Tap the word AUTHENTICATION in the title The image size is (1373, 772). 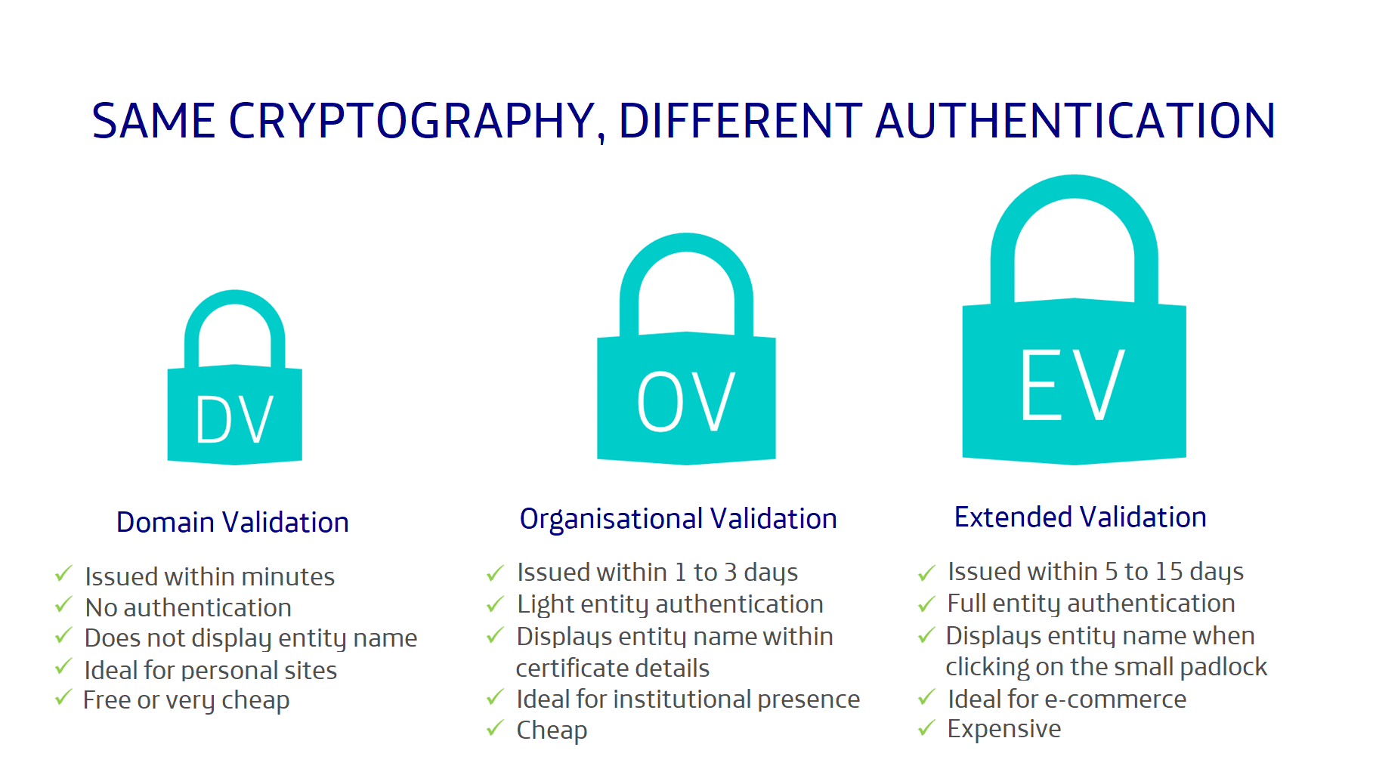coord(1075,121)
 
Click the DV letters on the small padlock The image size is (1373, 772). coord(234,419)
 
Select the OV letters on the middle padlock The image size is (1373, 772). coord(686,401)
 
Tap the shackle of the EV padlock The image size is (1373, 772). coord(1074,189)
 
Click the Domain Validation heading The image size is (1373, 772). coord(233,522)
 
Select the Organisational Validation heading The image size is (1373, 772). coord(678,519)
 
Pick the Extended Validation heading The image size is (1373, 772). coord(1080,517)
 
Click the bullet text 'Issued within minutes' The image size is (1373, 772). coord(209,576)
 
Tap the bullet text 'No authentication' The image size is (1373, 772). coord(188,607)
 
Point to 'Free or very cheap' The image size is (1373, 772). coord(186,700)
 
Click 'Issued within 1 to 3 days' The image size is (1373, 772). coord(657,573)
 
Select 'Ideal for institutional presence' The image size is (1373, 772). coord(688,699)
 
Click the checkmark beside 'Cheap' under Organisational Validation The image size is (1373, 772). coord(495,728)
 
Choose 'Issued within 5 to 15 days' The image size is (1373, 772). coord(1095,572)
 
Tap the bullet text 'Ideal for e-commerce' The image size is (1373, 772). coord(1067,699)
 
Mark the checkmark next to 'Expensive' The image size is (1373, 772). coord(926,728)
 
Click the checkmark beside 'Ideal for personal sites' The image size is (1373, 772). coord(63,668)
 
